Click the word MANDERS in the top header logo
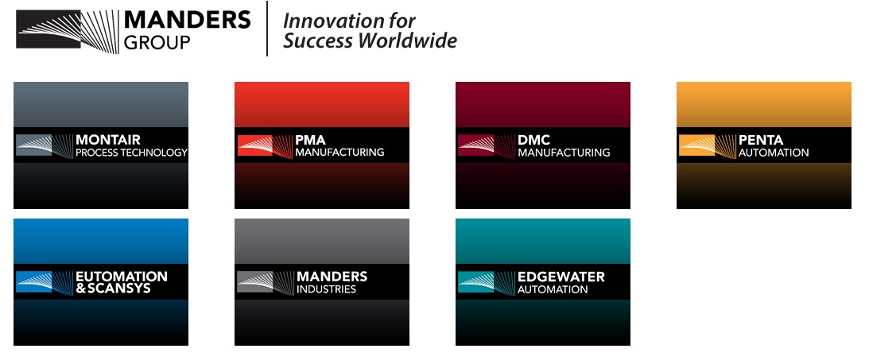click(x=188, y=21)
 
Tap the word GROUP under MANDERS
click(x=157, y=43)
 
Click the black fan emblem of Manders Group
click(x=67, y=31)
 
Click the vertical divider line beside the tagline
click(x=267, y=29)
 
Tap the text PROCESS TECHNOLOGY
click(x=131, y=153)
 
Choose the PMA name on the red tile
click(x=310, y=140)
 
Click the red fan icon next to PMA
click(x=265, y=145)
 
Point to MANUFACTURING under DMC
click(x=564, y=153)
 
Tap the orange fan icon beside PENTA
click(x=708, y=145)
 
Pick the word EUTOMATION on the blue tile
click(x=122, y=276)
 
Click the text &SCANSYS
click(x=113, y=288)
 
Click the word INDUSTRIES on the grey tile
click(x=327, y=289)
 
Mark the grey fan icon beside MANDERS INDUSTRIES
click(x=265, y=282)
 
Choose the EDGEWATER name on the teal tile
click(x=561, y=277)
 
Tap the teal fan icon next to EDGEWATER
click(x=486, y=282)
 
